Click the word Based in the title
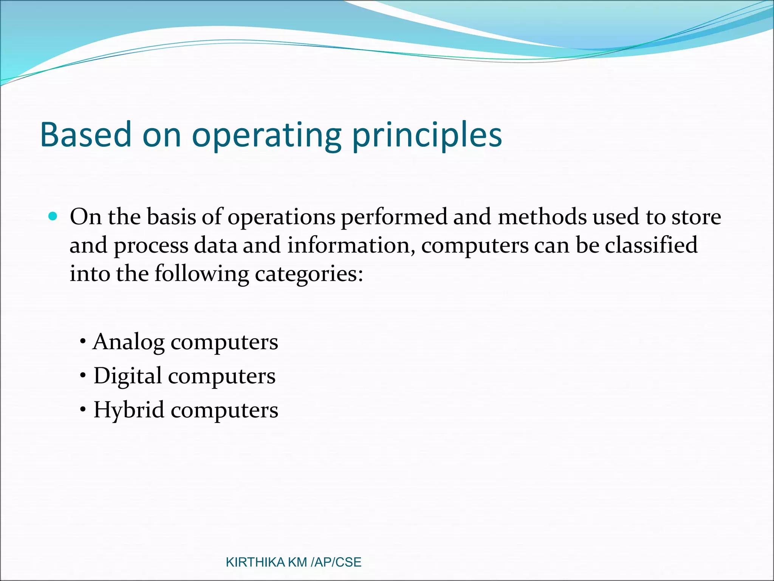pyautogui.click(x=85, y=135)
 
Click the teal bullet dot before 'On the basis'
pyautogui.click(x=53, y=216)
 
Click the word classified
pyautogui.click(x=651, y=245)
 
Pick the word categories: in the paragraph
pyautogui.click(x=309, y=274)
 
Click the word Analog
pyautogui.click(x=128, y=343)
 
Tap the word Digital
pyautogui.click(x=128, y=377)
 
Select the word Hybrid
pyautogui.click(x=129, y=410)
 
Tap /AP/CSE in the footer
pyautogui.click(x=336, y=562)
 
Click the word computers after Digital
pyautogui.click(x=221, y=377)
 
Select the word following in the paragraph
pyautogui.click(x=201, y=274)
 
